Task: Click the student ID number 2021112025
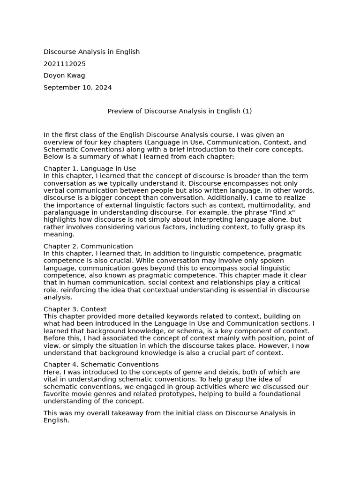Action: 65,64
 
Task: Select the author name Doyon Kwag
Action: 64,75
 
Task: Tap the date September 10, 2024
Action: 78,87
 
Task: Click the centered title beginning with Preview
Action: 180,111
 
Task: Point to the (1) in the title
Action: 247,111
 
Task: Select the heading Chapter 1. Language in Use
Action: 90,169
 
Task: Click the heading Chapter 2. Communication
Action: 88,246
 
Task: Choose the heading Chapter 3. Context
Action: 75,309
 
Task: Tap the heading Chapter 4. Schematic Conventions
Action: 101,364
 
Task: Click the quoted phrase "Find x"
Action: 281,212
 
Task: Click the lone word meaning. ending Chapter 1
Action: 59,234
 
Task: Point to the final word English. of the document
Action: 56,420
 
